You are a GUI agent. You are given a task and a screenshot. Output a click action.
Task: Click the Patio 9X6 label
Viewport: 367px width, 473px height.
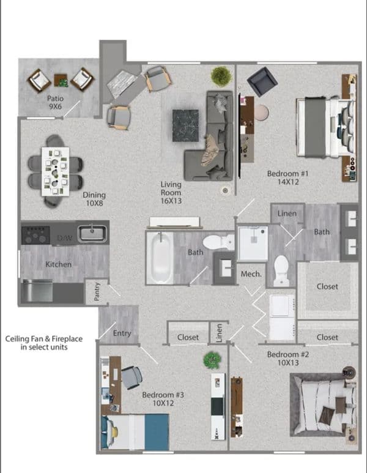pyautogui.click(x=56, y=102)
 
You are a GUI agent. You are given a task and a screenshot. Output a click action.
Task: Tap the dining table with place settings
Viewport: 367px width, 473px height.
pyautogui.click(x=55, y=171)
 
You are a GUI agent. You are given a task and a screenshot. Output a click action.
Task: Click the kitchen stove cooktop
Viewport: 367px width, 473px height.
pyautogui.click(x=35, y=236)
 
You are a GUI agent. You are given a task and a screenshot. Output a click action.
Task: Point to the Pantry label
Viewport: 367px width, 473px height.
pyautogui.click(x=97, y=291)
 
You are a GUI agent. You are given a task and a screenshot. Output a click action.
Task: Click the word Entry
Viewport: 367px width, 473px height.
pyautogui.click(x=122, y=333)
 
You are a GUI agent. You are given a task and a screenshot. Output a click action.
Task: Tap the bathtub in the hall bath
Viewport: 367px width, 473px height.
pyautogui.click(x=160, y=258)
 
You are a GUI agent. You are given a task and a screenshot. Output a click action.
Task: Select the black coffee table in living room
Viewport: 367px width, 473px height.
pyautogui.click(x=185, y=125)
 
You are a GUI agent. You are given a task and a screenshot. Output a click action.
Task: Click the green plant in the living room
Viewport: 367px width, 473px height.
pyautogui.click(x=221, y=76)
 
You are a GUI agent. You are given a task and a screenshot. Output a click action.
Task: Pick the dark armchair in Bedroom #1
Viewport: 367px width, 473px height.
pyautogui.click(x=262, y=82)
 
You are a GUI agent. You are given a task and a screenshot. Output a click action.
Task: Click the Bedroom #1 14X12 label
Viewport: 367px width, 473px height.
pyautogui.click(x=288, y=177)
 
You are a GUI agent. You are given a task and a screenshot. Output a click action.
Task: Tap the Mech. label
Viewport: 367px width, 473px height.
pyautogui.click(x=251, y=274)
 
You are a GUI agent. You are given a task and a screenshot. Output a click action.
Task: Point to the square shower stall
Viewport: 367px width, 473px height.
pyautogui.click(x=253, y=244)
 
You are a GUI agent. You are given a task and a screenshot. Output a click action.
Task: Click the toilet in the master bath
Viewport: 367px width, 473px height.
pyautogui.click(x=281, y=270)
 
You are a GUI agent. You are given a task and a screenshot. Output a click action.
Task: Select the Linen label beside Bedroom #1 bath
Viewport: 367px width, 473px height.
pyautogui.click(x=287, y=214)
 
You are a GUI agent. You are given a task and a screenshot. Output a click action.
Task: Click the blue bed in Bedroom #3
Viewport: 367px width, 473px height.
pyautogui.click(x=135, y=432)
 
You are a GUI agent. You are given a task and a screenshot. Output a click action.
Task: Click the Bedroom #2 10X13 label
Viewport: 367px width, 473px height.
pyautogui.click(x=288, y=359)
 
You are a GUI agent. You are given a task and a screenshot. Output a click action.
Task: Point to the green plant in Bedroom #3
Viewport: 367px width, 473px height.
pyautogui.click(x=212, y=360)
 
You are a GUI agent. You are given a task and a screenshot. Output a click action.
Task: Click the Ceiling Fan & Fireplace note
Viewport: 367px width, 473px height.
pyautogui.click(x=44, y=343)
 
